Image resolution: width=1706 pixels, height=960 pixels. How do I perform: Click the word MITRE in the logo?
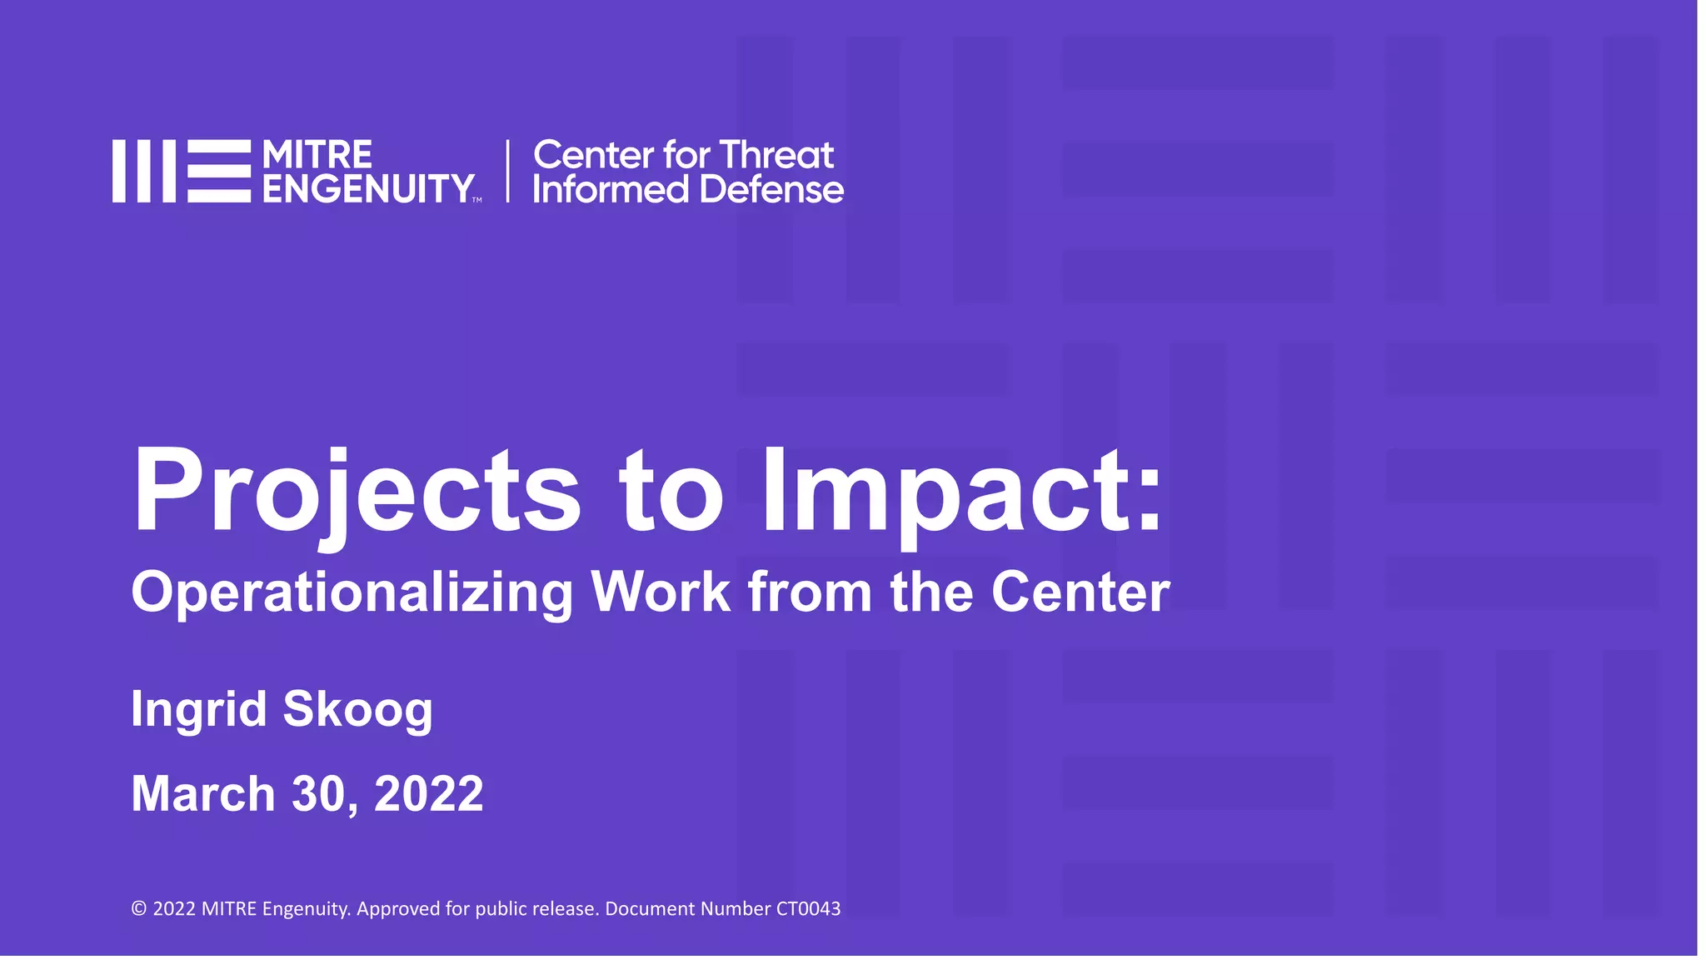pos(317,155)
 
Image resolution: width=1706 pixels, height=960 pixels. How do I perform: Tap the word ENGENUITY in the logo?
pos(368,189)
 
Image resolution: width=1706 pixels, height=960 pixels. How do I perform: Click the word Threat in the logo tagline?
pos(776,155)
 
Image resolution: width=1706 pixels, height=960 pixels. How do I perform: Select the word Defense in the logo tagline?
pos(771,190)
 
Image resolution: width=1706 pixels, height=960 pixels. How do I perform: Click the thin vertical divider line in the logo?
pos(507,171)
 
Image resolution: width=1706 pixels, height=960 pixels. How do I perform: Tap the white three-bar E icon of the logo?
pos(218,171)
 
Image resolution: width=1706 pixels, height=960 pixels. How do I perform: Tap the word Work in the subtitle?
pos(660,592)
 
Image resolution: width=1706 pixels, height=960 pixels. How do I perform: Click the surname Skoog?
pos(357,710)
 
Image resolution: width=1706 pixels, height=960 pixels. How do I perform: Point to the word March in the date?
pos(202,793)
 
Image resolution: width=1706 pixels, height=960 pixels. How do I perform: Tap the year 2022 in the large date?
pos(428,793)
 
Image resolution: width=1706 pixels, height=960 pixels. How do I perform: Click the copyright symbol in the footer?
pos(139,909)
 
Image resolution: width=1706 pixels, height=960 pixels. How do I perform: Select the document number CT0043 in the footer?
pos(808,908)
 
